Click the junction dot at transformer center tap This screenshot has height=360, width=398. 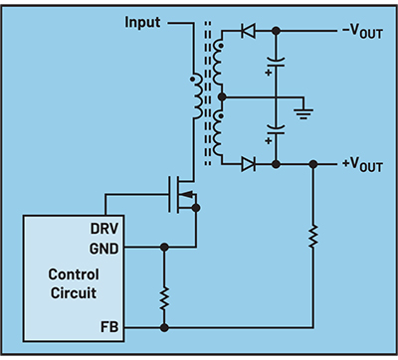click(x=221, y=97)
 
